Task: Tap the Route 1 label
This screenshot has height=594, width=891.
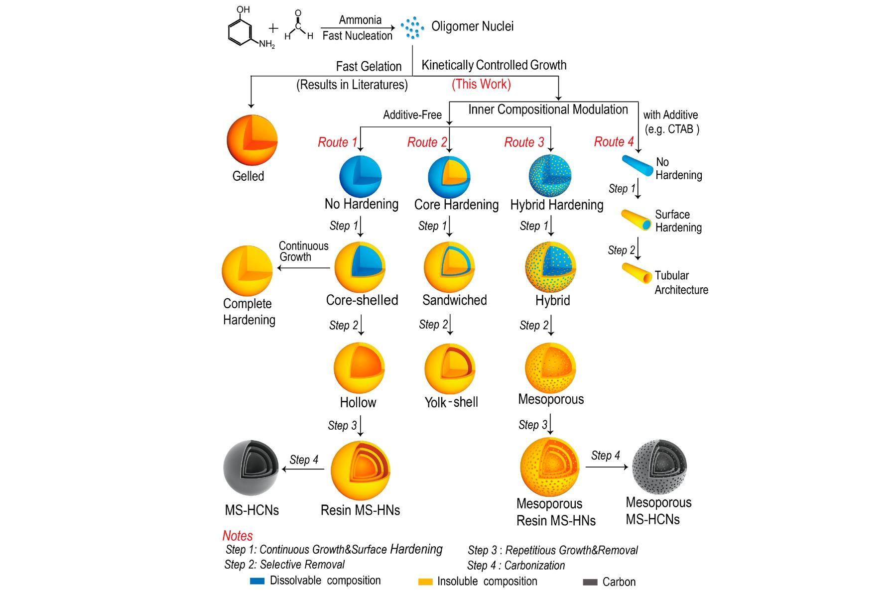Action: (337, 142)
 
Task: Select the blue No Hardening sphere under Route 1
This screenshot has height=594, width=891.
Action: (360, 176)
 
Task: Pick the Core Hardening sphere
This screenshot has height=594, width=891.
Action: (449, 176)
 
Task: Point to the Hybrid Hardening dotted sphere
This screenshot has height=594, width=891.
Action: (550, 176)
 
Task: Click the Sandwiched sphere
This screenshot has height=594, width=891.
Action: (449, 267)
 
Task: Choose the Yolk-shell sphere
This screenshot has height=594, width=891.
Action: (449, 368)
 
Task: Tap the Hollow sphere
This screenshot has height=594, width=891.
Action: (359, 368)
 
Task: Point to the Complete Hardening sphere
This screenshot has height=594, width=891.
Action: (247, 270)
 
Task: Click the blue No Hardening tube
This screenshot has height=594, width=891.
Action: (637, 165)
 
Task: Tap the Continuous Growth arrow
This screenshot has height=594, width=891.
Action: (304, 268)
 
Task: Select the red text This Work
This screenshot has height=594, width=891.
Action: (481, 84)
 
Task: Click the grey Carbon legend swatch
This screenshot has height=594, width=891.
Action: (590, 582)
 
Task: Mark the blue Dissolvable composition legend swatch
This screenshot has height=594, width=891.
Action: (257, 581)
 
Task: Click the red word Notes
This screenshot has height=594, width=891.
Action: (238, 536)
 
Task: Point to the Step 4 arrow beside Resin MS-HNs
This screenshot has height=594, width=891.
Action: (307, 469)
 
